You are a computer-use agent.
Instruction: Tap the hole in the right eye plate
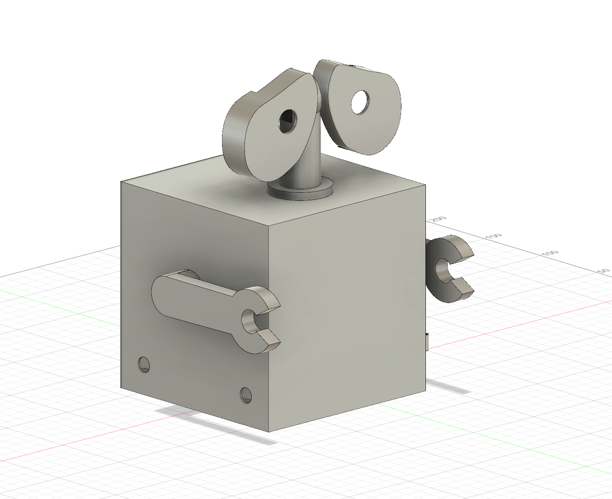coord(360,102)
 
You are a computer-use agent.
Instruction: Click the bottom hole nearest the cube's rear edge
coord(144,365)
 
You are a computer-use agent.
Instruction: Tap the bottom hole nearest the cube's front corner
coord(246,395)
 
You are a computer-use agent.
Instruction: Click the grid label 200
coord(439,220)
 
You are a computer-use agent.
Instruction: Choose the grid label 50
coord(603,271)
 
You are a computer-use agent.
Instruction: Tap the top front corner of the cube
coord(269,228)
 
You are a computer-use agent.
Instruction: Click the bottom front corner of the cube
coord(269,432)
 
